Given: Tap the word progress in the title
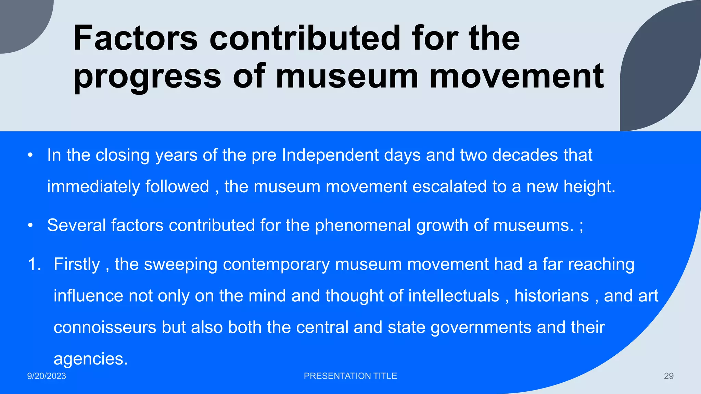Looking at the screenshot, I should coord(147,77).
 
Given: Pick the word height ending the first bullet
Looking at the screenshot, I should coord(589,187).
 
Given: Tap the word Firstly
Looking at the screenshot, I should coord(77,264).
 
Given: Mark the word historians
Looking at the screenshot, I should coord(551,296).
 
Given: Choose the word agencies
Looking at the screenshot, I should coord(90,359).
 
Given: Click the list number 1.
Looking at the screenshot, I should coord(34,264).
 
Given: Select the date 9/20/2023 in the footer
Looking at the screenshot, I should coord(47,376).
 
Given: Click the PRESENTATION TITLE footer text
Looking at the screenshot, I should coord(350,376).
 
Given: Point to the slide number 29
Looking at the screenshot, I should coord(668,376).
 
